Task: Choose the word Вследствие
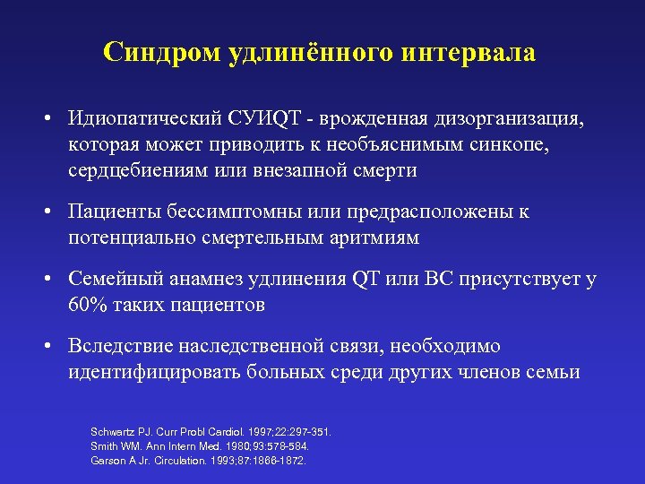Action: click(x=122, y=347)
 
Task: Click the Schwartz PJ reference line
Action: click(x=211, y=431)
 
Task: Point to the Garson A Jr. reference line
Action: click(x=198, y=460)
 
